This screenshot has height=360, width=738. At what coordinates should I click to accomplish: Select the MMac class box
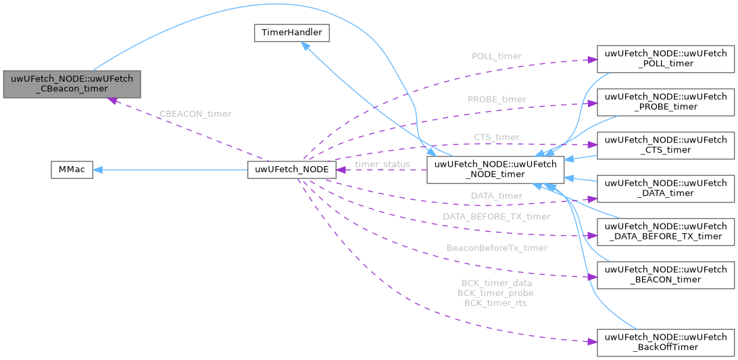pos(71,170)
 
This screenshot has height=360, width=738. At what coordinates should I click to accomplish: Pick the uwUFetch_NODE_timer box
pos(495,170)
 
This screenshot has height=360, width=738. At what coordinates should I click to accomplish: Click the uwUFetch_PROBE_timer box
pos(666,101)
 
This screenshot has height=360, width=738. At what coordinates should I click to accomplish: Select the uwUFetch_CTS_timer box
pos(666,145)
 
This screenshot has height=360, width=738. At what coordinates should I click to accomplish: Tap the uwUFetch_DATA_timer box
pos(666,188)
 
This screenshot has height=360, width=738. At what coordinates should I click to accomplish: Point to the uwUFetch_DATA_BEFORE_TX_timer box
pos(666,230)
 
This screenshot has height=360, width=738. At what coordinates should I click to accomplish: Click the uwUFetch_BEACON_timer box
pos(666,274)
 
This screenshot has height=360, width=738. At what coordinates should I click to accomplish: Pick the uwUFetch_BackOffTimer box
pos(666,342)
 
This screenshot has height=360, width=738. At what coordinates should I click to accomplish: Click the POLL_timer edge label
pos(496,57)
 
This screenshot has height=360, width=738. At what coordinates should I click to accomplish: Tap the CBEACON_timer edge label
pos(194,114)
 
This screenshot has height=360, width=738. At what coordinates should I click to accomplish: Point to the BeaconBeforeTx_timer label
pos(497,248)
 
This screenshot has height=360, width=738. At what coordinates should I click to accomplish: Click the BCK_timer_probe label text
pos(495,293)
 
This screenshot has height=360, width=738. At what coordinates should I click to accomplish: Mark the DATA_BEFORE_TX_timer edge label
pos(496,217)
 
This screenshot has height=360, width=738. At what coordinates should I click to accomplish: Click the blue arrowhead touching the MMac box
pos(98,170)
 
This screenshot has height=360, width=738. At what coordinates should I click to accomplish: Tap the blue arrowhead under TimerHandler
pos(306,46)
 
